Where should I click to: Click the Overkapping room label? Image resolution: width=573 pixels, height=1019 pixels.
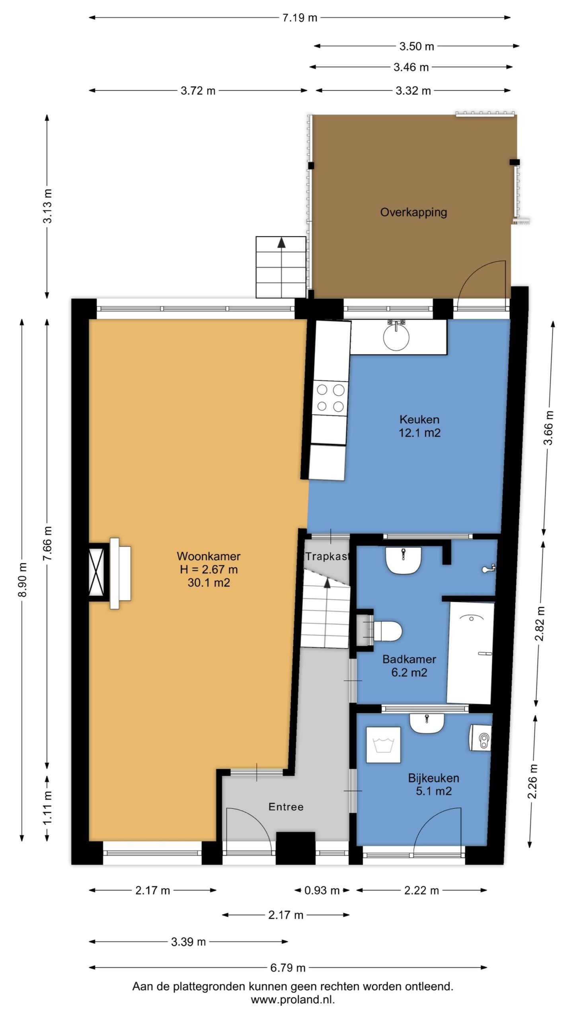click(413, 212)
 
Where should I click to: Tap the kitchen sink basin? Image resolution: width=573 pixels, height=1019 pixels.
click(396, 338)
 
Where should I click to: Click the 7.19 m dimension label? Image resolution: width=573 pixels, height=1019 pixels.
click(300, 18)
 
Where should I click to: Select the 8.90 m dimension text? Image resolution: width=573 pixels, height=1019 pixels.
click(23, 580)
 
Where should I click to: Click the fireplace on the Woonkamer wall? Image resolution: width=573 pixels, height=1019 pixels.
click(110, 573)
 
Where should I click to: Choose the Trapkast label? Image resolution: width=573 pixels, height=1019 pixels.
click(327, 556)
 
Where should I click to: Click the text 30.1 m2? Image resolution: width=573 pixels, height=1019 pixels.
click(209, 583)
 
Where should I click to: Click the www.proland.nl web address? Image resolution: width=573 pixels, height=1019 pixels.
click(293, 999)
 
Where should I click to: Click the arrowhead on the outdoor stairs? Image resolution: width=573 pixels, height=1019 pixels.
click(281, 242)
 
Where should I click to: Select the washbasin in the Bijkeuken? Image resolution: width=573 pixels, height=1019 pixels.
click(427, 723)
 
